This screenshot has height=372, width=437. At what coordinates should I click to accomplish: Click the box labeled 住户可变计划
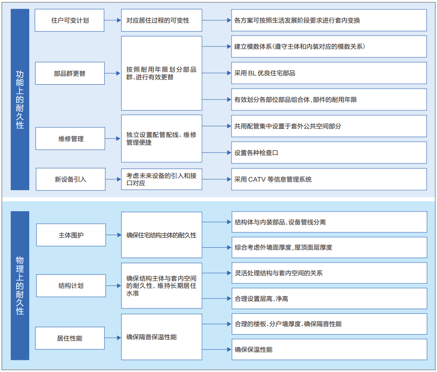pos(69,20)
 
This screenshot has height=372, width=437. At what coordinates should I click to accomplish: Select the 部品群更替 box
pos(70,73)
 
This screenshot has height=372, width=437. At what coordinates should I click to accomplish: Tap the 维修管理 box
pos(70,139)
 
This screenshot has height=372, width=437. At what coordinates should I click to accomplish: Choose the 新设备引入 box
pos(71,179)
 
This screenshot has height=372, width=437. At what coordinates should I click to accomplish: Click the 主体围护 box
pos(71,235)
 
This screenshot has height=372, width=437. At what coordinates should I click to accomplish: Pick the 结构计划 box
pos(71,286)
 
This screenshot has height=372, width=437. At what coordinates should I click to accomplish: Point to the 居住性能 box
pos(70,338)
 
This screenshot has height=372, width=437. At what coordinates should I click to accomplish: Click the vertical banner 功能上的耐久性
pos(20,100)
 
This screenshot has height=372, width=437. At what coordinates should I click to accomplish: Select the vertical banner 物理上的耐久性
pos(20,286)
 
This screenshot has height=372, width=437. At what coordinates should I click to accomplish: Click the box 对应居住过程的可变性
pos(162,20)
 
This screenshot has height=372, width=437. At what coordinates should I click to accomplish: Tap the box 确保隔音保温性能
pos(162,337)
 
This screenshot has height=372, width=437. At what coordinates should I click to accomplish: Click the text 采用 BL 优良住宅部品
pos(264,73)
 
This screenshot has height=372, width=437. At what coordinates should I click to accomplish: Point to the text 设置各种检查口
pos(256,153)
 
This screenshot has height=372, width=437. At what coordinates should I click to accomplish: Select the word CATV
pos(257,179)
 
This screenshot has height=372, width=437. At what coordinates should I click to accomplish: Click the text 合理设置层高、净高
pos(261,299)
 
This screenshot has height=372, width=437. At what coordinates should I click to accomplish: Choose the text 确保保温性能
pos(253,349)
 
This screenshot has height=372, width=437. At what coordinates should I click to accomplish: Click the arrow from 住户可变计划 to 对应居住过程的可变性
pos(112,20)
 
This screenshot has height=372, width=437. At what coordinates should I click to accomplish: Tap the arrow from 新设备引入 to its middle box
pos(113,179)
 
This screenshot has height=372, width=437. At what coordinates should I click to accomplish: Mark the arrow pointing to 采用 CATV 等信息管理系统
pos(217,179)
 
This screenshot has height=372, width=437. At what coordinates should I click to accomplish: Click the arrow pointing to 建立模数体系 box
pos(217,46)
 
